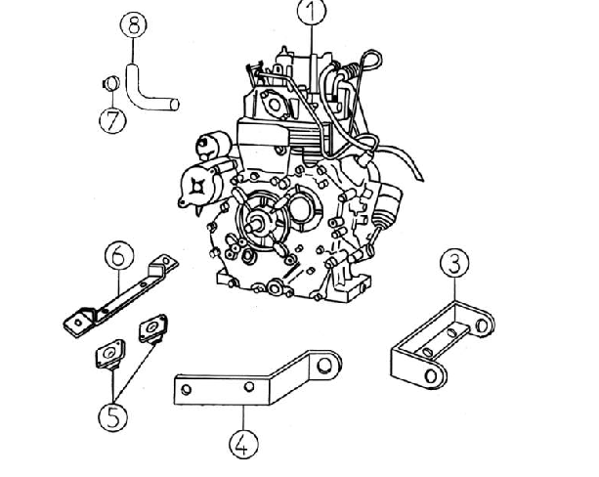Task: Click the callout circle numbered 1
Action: (312, 12)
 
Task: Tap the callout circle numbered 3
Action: (454, 263)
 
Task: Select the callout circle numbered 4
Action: (243, 444)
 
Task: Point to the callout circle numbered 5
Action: (113, 416)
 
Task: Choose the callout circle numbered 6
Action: (119, 256)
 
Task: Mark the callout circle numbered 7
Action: (112, 120)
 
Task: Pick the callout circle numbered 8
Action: (133, 25)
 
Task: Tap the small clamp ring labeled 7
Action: (111, 84)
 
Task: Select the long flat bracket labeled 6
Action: (121, 294)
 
